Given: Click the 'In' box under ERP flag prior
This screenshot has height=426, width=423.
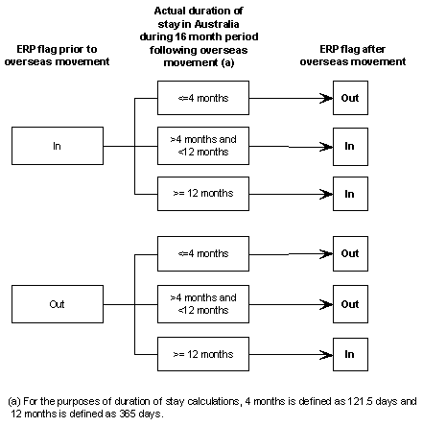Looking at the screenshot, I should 57,146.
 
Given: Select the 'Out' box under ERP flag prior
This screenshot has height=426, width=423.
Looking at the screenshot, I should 57,303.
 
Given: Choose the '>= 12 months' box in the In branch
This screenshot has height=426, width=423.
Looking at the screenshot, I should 202,193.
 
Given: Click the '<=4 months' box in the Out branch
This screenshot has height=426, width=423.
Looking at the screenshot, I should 202,253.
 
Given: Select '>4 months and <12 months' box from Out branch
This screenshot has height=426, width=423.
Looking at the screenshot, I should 202,303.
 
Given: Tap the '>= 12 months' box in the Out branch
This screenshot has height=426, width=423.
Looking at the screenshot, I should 202,354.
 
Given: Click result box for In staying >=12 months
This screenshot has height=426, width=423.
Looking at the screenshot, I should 349,193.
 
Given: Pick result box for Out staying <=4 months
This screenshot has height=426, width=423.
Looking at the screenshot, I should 349,253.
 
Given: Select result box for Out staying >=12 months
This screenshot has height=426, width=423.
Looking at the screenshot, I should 349,354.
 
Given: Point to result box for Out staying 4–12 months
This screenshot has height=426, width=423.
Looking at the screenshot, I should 349,303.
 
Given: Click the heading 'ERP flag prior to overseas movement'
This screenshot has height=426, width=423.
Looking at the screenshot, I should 57,55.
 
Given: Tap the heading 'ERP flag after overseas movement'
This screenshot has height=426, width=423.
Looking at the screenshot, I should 349,55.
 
